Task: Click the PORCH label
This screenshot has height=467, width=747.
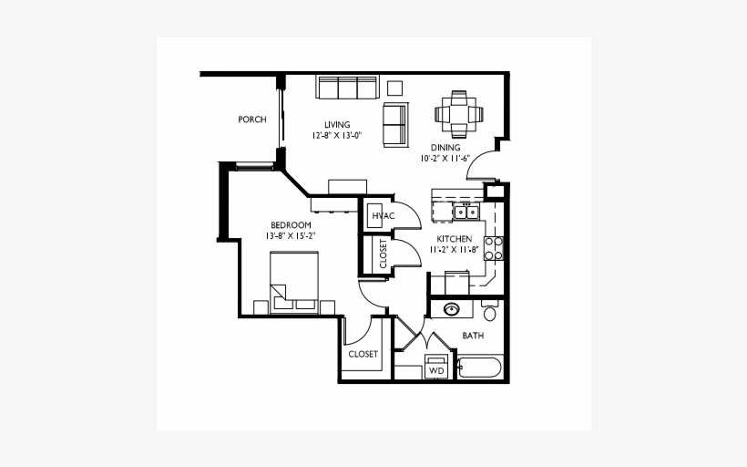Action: (x=251, y=119)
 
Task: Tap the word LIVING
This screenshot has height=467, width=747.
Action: (x=337, y=125)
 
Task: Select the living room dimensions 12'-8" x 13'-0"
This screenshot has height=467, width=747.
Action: (x=337, y=136)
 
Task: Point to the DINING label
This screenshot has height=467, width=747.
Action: (x=445, y=147)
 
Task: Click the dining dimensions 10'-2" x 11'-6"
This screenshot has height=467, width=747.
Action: (x=445, y=158)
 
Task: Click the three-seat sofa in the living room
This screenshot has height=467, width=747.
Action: (x=346, y=88)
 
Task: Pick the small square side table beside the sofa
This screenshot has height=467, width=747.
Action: (x=394, y=88)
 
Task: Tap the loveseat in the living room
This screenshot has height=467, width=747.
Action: (x=395, y=125)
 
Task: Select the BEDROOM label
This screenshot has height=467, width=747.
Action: (x=291, y=225)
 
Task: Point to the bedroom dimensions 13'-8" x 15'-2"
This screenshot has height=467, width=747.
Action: (x=291, y=236)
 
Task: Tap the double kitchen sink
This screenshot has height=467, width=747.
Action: (x=466, y=213)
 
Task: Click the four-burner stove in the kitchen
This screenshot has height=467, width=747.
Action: (x=494, y=247)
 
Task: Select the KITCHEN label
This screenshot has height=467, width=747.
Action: (x=454, y=239)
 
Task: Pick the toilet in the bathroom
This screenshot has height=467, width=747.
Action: (x=490, y=313)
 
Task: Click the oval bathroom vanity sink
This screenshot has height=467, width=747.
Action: (x=452, y=309)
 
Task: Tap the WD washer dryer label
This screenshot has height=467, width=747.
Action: (x=436, y=370)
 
